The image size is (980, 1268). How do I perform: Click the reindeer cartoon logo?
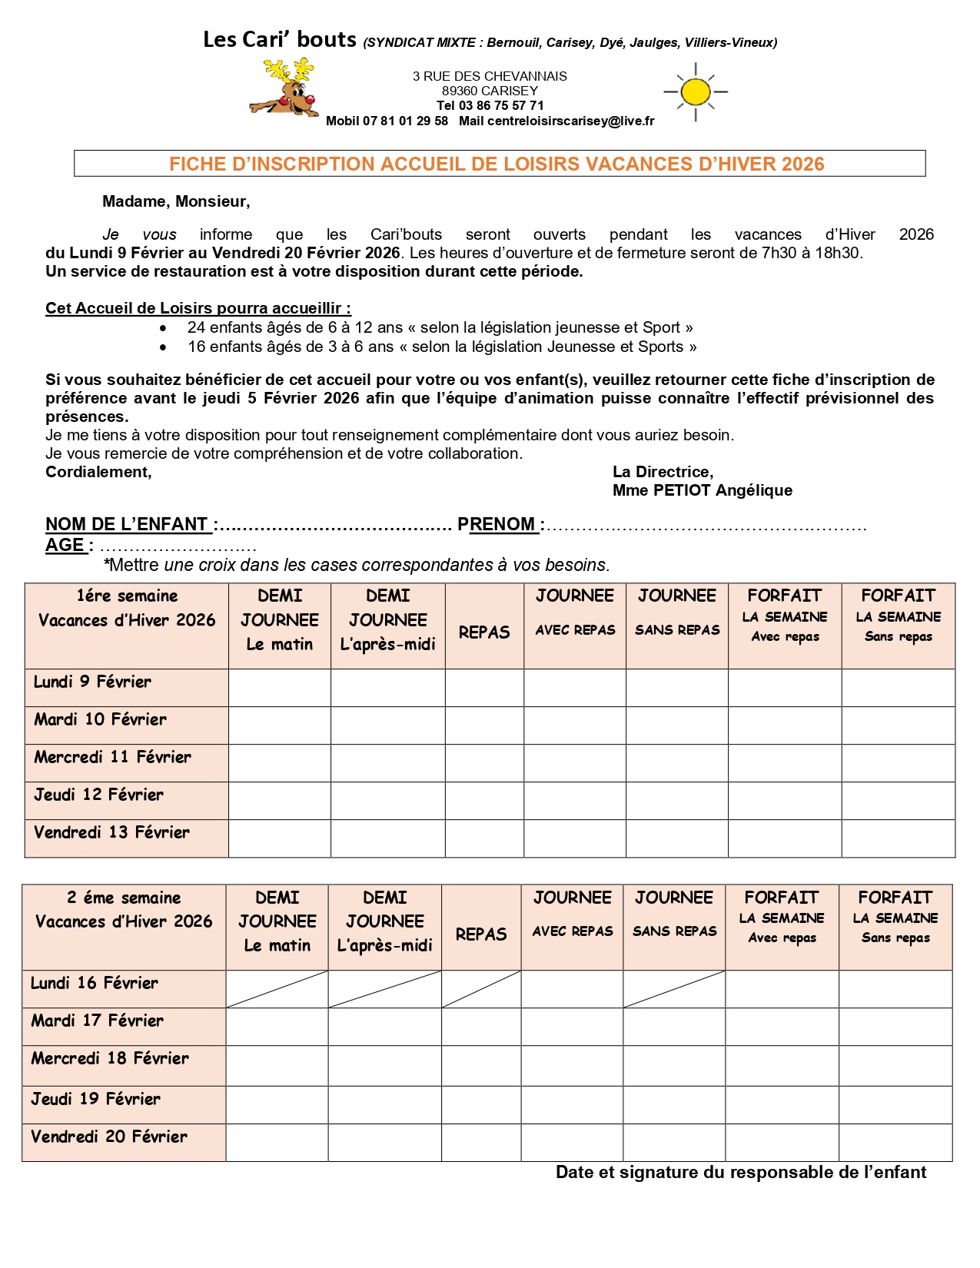(x=283, y=89)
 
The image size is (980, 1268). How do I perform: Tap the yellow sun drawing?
(x=696, y=92)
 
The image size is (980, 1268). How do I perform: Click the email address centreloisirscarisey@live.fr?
(x=570, y=121)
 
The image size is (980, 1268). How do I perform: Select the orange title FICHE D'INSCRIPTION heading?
(x=497, y=164)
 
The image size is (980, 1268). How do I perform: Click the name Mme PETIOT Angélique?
(x=702, y=490)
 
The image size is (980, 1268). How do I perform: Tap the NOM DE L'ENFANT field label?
(x=127, y=524)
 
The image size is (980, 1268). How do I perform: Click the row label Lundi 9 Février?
(x=92, y=682)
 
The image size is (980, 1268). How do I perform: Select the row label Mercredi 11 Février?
(x=112, y=757)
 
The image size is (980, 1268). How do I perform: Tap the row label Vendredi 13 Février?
(x=111, y=832)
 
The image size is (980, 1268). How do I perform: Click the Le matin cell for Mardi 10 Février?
(x=280, y=725)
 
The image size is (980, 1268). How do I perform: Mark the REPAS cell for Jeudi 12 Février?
(x=484, y=801)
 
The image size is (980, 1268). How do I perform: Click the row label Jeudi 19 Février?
(x=96, y=1099)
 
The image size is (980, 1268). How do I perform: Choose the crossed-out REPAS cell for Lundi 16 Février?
(x=481, y=989)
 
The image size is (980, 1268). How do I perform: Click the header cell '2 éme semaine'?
(x=124, y=898)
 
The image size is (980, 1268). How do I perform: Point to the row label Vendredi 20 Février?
(x=109, y=1137)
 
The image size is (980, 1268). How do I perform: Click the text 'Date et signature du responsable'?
(x=740, y=1172)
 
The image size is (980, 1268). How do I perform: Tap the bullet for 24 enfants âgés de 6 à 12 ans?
(x=163, y=328)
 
